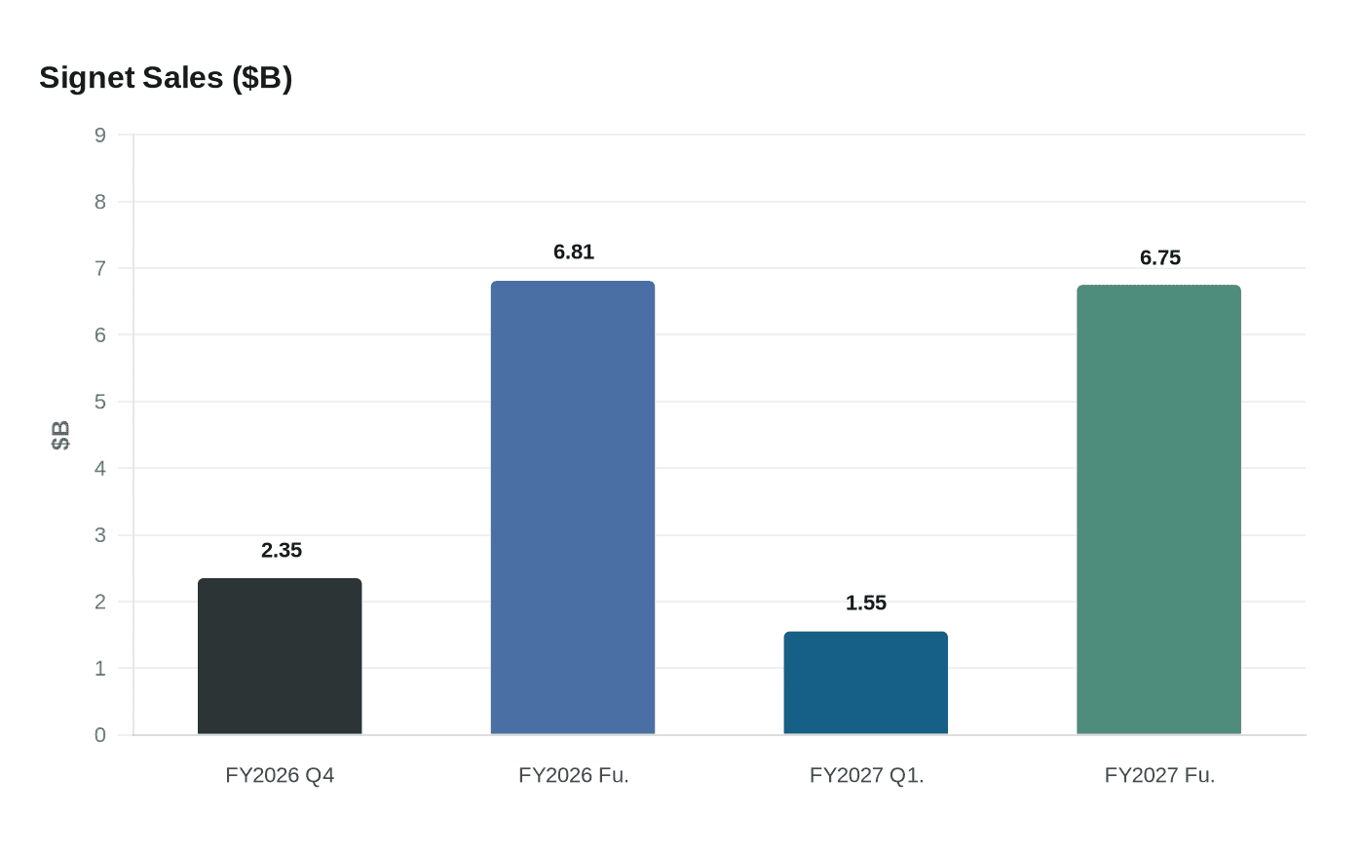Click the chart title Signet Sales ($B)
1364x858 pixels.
(x=166, y=77)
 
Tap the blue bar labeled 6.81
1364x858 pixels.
(x=573, y=507)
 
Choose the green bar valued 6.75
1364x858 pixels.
(x=1158, y=509)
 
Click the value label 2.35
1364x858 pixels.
(x=282, y=551)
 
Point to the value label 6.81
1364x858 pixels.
(x=574, y=253)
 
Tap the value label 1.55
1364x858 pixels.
(x=866, y=604)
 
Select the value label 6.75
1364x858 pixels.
(x=1159, y=258)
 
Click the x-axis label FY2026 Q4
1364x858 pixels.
(x=280, y=776)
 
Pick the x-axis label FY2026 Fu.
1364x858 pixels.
(x=574, y=776)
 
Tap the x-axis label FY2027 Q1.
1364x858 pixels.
(x=866, y=776)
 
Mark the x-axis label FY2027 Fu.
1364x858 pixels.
(x=1159, y=776)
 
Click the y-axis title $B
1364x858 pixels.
(x=60, y=435)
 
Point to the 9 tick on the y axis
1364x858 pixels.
(x=100, y=136)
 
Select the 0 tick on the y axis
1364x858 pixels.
(x=100, y=735)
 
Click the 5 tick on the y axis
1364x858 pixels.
(x=100, y=402)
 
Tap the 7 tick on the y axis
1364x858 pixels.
(x=100, y=268)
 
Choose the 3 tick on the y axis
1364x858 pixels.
(x=100, y=535)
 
